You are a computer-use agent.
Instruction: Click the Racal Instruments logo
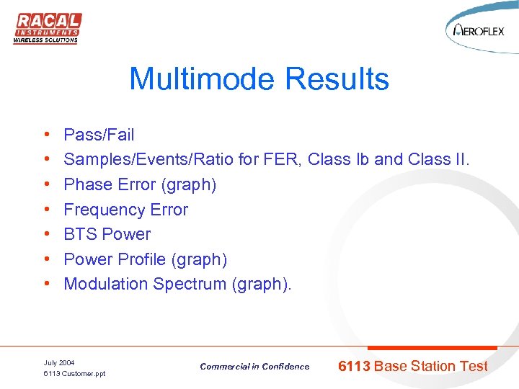point(47,28)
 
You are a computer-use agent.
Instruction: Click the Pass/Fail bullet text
point(99,135)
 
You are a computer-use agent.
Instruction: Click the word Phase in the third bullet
point(84,184)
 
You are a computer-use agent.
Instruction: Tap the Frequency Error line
point(125,210)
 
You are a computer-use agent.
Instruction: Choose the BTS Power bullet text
point(107,234)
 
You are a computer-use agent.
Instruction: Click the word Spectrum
point(190,284)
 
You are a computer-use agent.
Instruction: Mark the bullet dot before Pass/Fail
point(45,135)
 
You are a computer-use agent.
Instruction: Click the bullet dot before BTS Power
point(45,235)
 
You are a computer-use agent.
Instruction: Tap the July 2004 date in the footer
point(59,362)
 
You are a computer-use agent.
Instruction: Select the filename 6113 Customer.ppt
point(74,374)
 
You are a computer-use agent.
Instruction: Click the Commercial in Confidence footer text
point(254,367)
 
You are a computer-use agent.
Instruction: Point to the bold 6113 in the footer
point(354,366)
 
